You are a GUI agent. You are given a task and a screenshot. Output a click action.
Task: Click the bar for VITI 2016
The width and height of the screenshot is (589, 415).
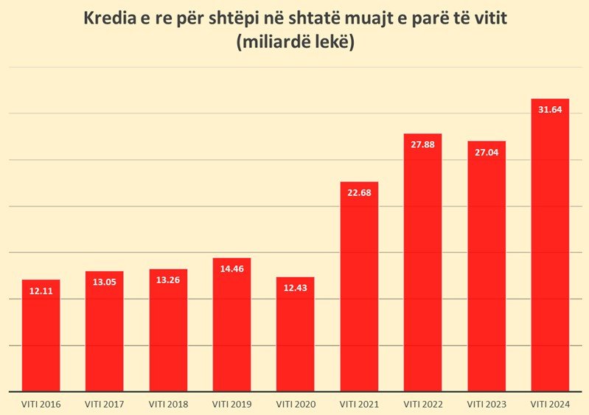pyautogui.click(x=41, y=339)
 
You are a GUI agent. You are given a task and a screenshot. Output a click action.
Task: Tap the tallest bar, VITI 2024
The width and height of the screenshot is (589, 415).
pyautogui.click(x=550, y=251)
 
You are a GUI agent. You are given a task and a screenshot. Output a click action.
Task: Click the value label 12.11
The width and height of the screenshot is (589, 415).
pyautogui.click(x=41, y=291)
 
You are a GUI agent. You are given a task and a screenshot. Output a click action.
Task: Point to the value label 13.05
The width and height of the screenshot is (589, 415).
pyautogui.click(x=104, y=283)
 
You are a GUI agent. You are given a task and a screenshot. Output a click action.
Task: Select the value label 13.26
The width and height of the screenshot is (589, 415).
pyautogui.click(x=168, y=281)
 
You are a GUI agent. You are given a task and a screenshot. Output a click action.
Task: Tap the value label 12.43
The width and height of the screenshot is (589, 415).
pyautogui.click(x=296, y=288)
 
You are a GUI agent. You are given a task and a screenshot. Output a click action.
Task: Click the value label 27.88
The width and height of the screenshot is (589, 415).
pyautogui.click(x=422, y=145)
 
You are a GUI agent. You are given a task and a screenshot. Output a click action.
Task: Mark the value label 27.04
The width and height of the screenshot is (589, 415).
pyautogui.click(x=487, y=153)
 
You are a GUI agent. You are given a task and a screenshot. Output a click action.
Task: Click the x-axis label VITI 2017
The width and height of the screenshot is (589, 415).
pyautogui.click(x=104, y=403)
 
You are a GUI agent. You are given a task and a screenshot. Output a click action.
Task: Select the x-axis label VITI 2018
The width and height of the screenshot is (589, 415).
pyautogui.click(x=168, y=403)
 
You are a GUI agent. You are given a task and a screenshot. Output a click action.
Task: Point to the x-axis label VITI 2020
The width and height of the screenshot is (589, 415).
pyautogui.click(x=296, y=403)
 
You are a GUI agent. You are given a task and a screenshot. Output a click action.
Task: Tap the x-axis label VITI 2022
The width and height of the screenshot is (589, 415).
pyautogui.click(x=422, y=403)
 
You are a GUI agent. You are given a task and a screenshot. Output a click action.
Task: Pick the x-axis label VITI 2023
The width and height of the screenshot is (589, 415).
pyautogui.click(x=487, y=403)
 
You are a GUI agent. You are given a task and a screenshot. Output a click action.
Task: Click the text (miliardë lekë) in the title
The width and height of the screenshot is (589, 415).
pyautogui.click(x=295, y=43)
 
